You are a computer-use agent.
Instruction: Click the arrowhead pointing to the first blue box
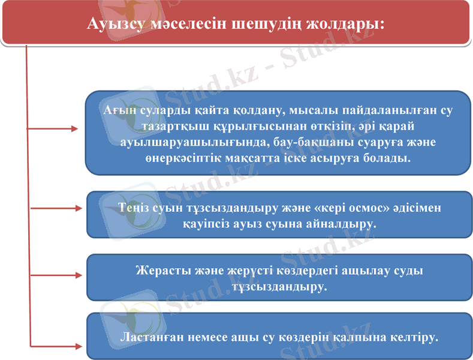coord(74,128)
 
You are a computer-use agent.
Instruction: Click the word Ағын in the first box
coord(117,112)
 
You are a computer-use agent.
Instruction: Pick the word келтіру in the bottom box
coord(416,337)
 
